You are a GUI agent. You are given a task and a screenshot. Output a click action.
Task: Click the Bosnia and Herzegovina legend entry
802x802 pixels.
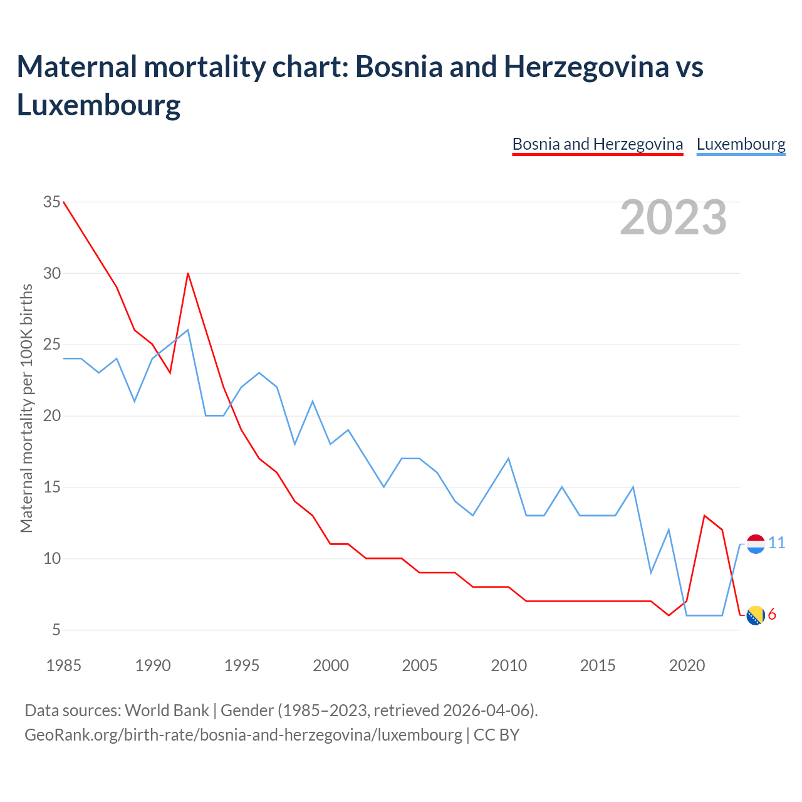pos(597,144)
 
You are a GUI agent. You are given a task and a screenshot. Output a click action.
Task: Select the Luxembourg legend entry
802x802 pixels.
pos(741,144)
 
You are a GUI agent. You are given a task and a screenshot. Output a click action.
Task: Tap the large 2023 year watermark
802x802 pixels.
pos(673,217)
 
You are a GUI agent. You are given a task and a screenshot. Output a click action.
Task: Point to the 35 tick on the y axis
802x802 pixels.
pos(52,202)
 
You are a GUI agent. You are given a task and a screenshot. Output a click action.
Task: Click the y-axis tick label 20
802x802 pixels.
pos(52,416)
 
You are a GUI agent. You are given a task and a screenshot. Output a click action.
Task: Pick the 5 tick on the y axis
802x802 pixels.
pos(56,630)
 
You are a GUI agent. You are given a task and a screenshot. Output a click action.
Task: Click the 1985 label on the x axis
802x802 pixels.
pos(64,665)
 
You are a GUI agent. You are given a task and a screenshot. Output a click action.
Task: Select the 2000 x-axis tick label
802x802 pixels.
pos(331,665)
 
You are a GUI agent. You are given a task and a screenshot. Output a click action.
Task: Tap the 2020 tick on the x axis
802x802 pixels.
pos(687,665)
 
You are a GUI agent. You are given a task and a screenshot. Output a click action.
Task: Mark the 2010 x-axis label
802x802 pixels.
pos(509,665)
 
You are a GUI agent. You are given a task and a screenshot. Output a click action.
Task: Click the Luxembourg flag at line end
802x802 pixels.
pos(756,544)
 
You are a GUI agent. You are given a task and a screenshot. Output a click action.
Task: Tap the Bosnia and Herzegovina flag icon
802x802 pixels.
pos(756,615)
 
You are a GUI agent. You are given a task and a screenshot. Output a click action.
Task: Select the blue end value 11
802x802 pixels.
pos(777,543)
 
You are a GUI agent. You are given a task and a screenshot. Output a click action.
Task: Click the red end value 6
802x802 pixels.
pos(772,615)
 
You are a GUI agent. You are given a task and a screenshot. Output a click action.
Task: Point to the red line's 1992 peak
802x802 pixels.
pos(188,273)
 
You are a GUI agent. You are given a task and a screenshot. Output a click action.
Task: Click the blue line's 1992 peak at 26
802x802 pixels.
pos(188,330)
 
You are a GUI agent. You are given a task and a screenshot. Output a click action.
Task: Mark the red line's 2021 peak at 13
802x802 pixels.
pos(705,516)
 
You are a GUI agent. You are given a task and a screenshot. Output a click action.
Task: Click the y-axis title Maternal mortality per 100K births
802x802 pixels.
pos(26,408)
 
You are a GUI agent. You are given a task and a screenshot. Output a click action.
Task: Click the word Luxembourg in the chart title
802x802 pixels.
pos(99,105)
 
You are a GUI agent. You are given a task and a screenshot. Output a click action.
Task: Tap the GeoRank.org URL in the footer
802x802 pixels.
pos(243,734)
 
